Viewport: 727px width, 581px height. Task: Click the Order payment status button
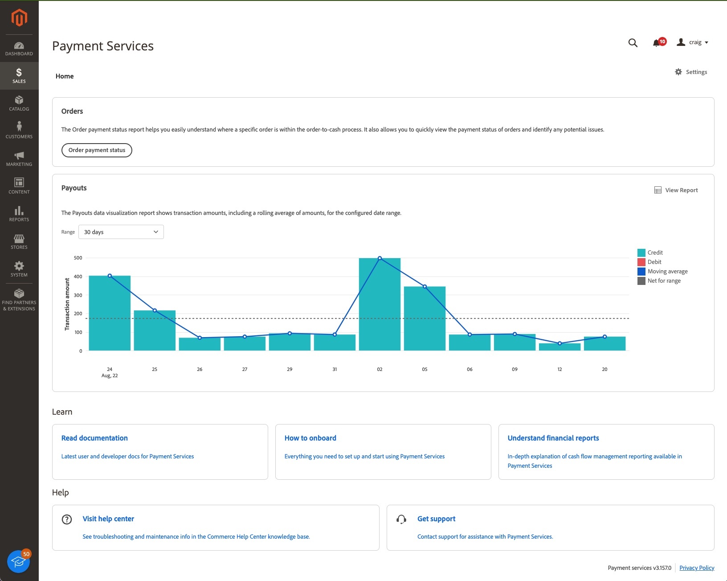pos(97,150)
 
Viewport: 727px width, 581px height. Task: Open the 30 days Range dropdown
pos(121,232)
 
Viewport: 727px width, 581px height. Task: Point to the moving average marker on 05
pos(425,287)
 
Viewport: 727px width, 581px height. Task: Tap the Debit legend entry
pos(654,262)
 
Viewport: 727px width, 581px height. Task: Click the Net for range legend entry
pos(664,281)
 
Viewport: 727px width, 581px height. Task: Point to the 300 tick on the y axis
pos(78,295)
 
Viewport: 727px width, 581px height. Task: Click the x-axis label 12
pos(560,369)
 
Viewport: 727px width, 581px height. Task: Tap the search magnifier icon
pos(633,43)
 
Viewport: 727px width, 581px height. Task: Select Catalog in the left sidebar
pos(19,103)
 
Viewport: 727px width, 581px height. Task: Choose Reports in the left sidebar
pos(19,214)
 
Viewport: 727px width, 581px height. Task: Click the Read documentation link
pos(94,438)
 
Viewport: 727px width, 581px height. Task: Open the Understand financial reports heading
pos(553,438)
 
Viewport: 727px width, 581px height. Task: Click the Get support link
pos(436,519)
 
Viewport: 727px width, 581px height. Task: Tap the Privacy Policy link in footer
pos(696,568)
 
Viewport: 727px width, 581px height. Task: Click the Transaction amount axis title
pos(67,304)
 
